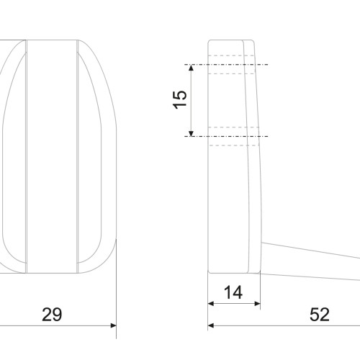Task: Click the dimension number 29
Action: (52, 315)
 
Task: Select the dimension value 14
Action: (233, 292)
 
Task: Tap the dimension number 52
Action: (320, 315)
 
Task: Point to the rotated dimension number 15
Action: (180, 99)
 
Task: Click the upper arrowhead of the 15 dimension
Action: (191, 68)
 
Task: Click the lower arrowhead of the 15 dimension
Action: (191, 133)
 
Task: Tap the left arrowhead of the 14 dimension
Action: (211, 304)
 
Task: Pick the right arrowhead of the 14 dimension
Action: (257, 304)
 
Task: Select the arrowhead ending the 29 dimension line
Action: (113, 325)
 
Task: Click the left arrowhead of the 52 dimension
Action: (211, 325)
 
